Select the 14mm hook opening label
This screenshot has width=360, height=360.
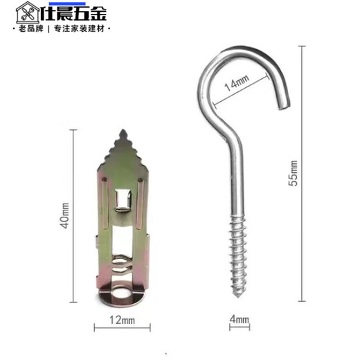coord(237,84)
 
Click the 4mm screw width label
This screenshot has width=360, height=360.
coord(238,319)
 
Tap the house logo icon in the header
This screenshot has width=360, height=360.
coord(26,12)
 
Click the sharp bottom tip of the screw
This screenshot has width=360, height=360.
coord(238,296)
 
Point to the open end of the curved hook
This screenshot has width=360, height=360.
coord(283,105)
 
